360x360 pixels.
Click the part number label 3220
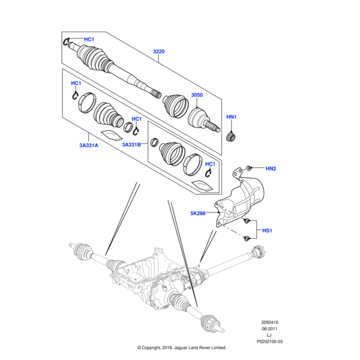pos(158,52)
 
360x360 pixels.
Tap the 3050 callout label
pos(197,95)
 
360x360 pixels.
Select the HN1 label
pos(232,116)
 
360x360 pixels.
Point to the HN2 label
pos(271,168)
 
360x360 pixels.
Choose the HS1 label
pos(267,230)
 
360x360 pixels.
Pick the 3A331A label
pos(87,145)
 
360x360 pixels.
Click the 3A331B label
pos(131,145)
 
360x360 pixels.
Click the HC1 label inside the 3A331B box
pos(210,164)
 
